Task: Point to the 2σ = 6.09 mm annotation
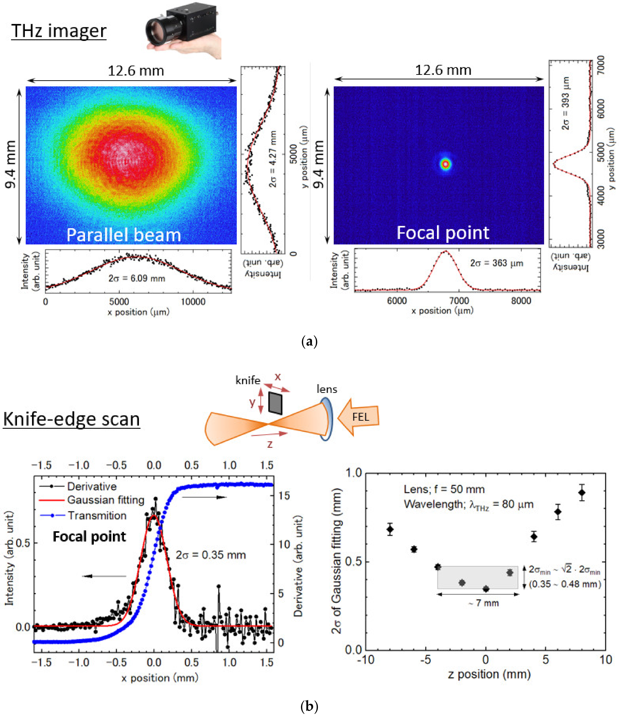[x=137, y=278]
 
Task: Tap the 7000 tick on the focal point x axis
[x=459, y=300]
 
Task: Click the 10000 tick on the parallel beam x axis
[x=193, y=301]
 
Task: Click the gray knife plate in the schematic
[x=275, y=403]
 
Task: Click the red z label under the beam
[x=270, y=444]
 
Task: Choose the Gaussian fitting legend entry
[x=105, y=500]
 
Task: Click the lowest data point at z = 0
[x=486, y=589]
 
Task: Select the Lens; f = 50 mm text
[x=444, y=489]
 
